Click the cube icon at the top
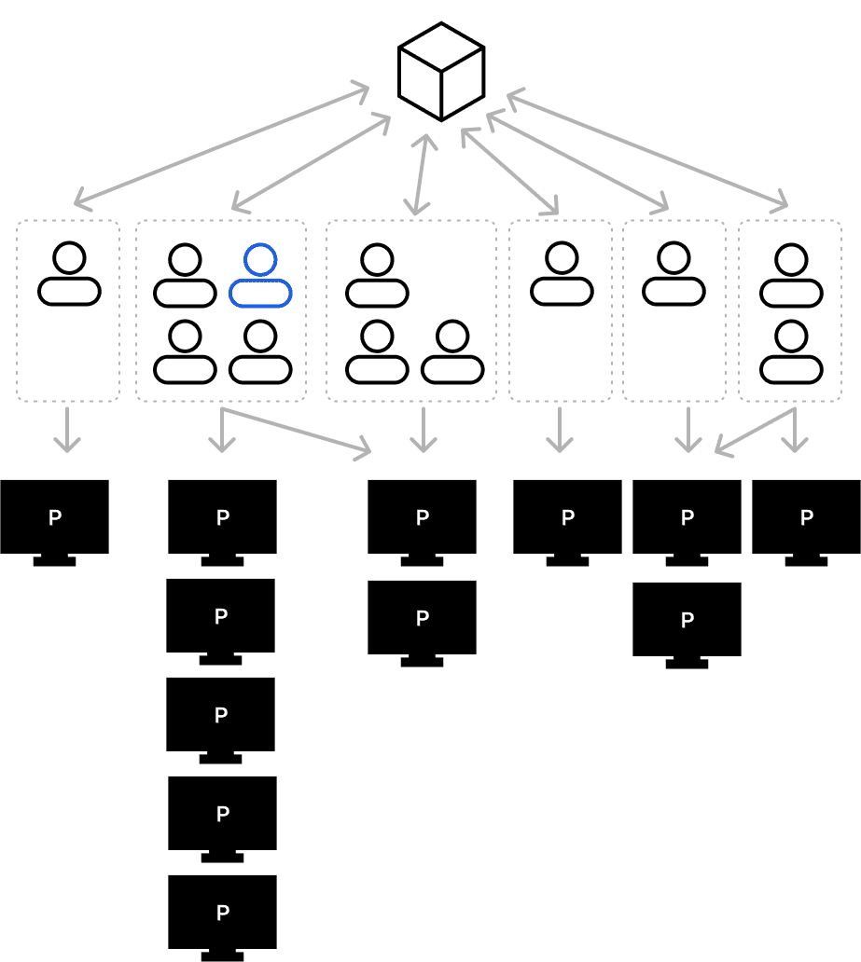point(441,72)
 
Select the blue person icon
point(260,276)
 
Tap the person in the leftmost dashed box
point(69,274)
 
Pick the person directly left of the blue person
point(185,276)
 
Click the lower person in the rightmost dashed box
point(791,351)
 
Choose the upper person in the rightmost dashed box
point(791,276)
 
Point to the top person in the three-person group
point(377,276)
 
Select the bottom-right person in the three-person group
point(452,352)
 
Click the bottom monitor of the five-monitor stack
point(222,914)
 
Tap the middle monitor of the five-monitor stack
point(220,716)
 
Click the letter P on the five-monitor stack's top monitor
point(222,518)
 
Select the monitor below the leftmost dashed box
point(54,518)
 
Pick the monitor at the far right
point(806,518)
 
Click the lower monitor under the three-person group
point(422,619)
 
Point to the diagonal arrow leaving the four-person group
point(297,431)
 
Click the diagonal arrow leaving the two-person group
point(755,431)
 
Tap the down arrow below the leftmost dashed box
point(66,430)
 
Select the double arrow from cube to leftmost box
point(221,144)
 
